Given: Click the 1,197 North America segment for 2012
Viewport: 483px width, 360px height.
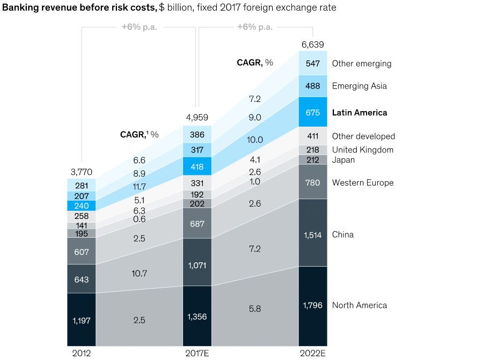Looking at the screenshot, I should [x=82, y=320].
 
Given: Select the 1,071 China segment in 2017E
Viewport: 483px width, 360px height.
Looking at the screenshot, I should [x=197, y=265].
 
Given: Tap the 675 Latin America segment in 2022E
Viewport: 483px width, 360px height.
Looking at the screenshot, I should [x=312, y=113].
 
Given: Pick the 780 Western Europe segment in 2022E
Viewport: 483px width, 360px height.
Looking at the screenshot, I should [x=312, y=182].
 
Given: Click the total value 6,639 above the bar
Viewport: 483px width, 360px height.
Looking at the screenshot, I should [x=312, y=45].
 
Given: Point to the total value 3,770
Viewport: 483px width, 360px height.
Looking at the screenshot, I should [x=82, y=172].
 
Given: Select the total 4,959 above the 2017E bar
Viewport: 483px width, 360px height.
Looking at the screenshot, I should [x=197, y=118].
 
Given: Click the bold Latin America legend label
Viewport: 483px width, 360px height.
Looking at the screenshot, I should [x=359, y=113].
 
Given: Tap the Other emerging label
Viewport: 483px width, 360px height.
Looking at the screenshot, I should [x=362, y=63].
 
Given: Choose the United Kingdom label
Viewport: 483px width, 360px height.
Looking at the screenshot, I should [x=363, y=150].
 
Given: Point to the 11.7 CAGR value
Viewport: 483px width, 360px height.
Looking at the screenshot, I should [x=140, y=186].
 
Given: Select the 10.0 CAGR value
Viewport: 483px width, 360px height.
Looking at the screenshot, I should [x=255, y=139].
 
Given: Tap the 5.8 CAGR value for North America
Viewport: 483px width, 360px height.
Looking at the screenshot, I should [x=255, y=310].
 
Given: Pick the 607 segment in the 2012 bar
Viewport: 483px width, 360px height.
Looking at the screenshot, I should [x=82, y=251].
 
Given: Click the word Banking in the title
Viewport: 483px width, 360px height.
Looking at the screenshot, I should [x=21, y=8].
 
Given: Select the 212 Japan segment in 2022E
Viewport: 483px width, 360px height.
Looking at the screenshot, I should [x=312, y=160].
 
